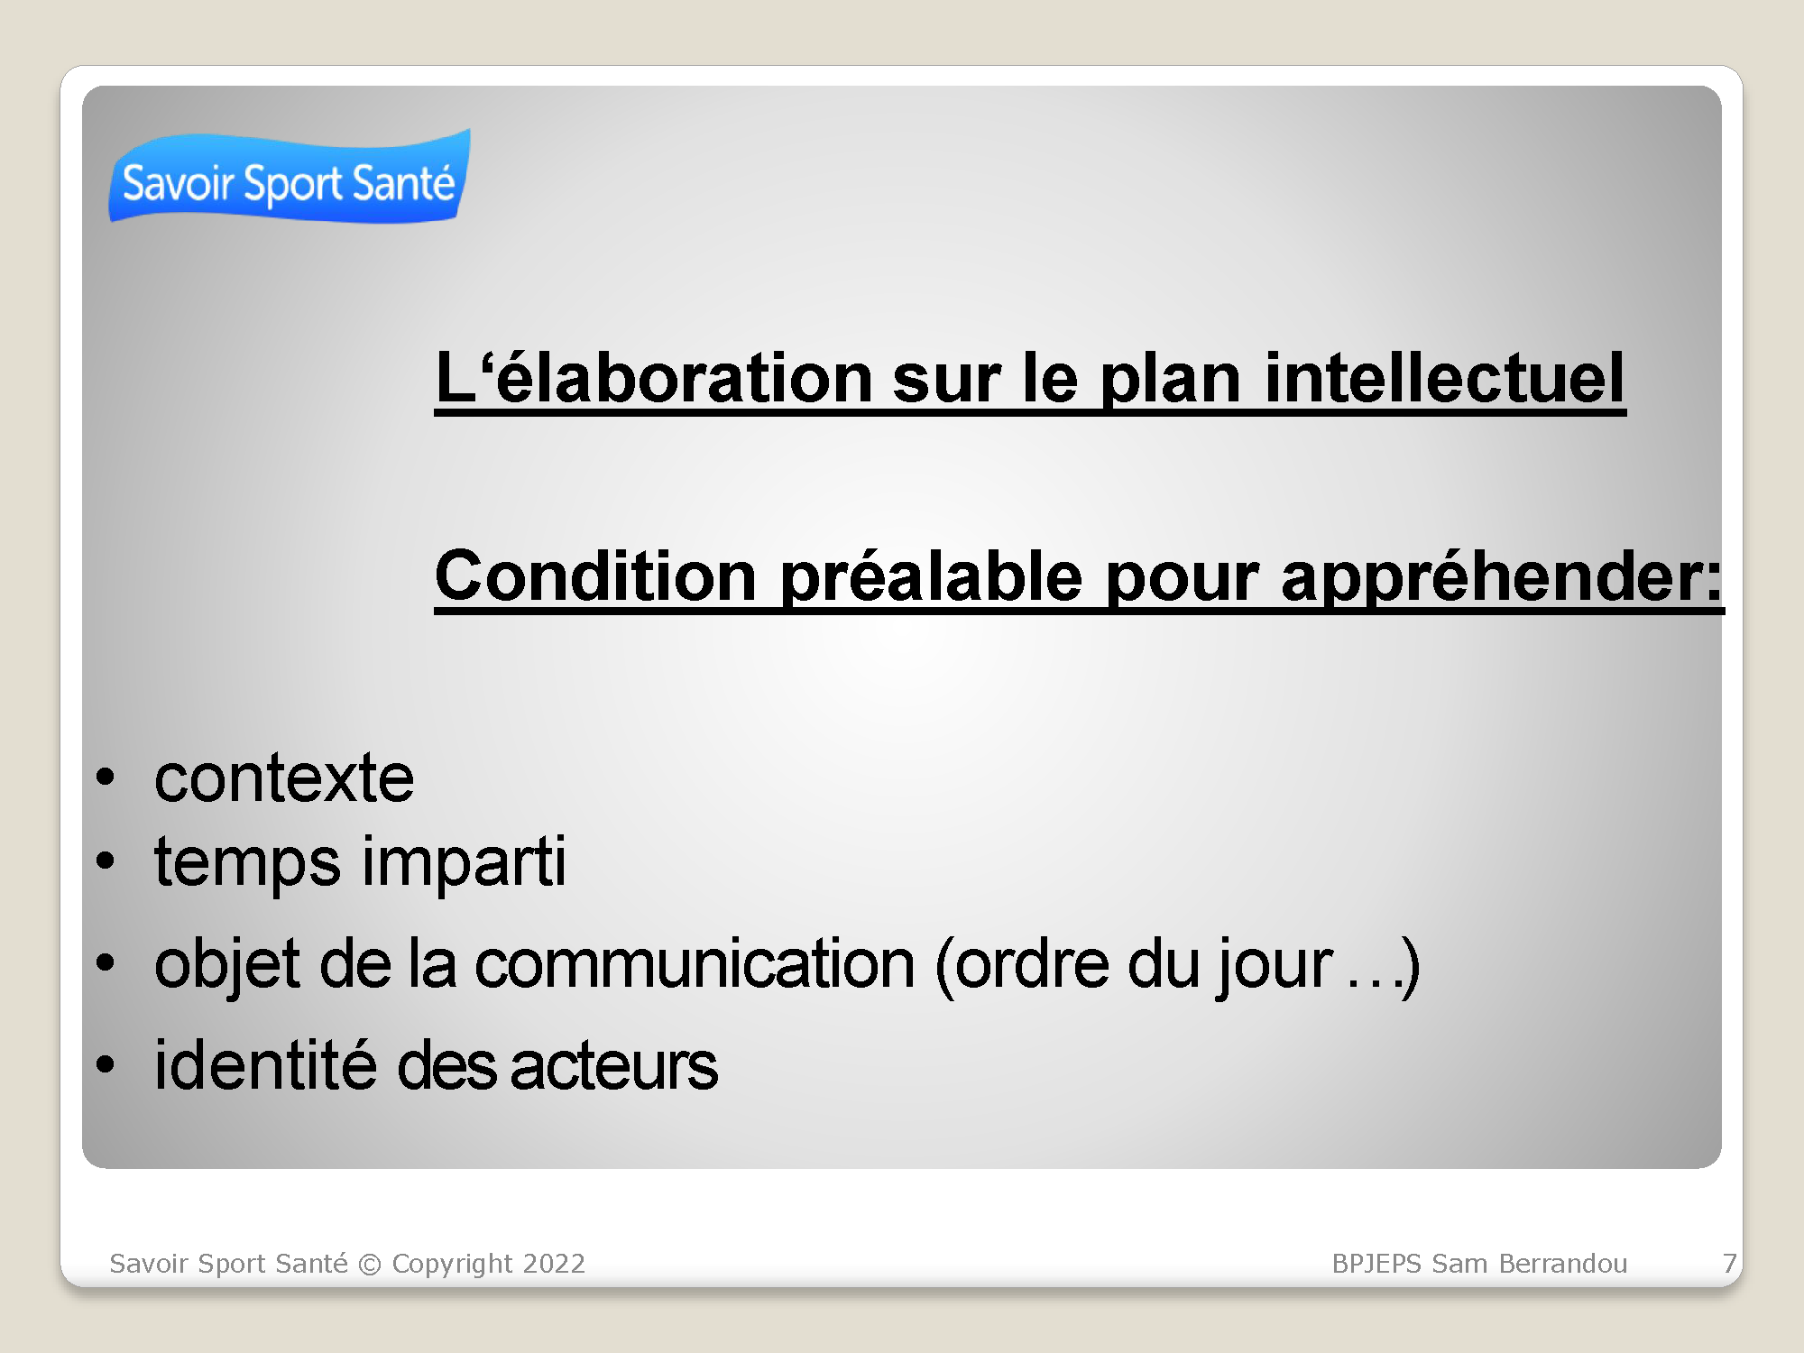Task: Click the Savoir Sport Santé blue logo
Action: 290,176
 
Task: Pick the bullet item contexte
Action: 284,778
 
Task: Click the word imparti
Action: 465,862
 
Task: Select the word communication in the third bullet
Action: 695,964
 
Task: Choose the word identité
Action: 265,1064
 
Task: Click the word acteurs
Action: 613,1067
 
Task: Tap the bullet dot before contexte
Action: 106,778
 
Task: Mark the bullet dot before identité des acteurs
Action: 106,1064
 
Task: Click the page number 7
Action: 1729,1263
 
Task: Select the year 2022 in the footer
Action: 554,1263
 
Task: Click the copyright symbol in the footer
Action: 370,1264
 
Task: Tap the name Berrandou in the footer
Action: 1562,1263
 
